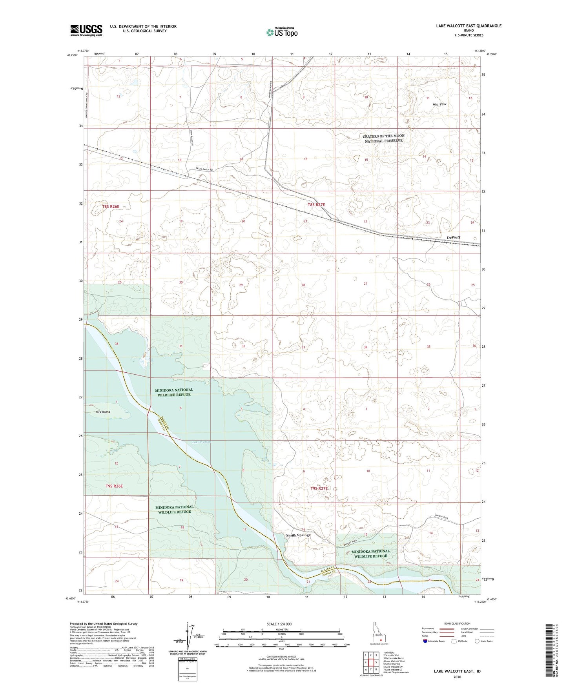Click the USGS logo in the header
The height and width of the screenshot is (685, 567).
[86, 30]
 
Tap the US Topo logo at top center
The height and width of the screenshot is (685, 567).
[281, 32]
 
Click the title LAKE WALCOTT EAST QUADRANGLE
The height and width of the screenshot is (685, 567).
[469, 26]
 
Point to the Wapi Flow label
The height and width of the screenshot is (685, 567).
[439, 104]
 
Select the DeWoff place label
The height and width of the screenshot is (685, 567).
[453, 238]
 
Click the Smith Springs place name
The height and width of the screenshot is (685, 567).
[298, 535]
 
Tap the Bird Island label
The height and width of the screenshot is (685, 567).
[103, 412]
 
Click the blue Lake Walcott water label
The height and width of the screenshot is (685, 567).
[202, 442]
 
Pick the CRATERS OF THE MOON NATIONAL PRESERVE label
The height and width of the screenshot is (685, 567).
[383, 138]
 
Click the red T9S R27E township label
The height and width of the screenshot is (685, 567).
[319, 488]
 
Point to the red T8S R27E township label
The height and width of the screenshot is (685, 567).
[316, 205]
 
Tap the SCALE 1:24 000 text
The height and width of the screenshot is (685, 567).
[279, 624]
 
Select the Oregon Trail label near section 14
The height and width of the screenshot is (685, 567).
[441, 517]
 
